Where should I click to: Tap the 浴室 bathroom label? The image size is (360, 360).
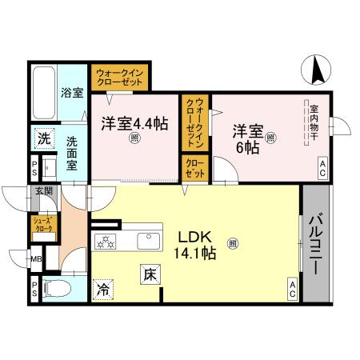pos(72,93)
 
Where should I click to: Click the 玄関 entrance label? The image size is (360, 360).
pos(43,191)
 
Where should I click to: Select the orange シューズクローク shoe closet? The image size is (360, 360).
pos(42,225)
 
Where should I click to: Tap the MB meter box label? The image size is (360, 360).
pos(37,259)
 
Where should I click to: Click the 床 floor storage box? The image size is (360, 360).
pos(150,274)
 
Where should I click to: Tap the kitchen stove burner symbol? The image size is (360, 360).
pos(106,242)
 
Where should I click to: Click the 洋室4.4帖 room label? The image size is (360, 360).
pos(134,125)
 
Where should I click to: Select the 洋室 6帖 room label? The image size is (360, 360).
pos(248,138)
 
